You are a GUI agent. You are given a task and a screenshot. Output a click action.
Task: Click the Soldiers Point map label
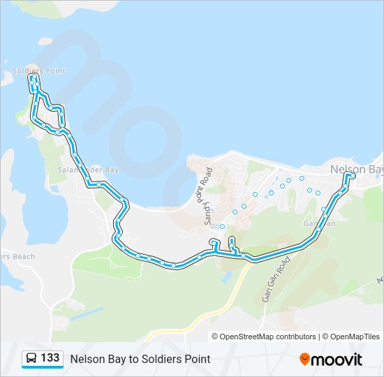coord(39,71)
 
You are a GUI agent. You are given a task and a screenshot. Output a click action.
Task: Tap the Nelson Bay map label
coord(356,170)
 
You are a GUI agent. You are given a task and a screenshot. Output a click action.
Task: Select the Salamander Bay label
coord(88,170)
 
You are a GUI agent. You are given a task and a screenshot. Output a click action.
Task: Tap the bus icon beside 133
coord(31,359)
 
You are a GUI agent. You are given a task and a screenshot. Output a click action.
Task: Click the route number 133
coord(50,358)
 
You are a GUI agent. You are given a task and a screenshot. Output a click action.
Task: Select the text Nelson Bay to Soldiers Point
coord(140,359)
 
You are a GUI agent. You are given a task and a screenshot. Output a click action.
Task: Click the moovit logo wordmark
coord(337,360)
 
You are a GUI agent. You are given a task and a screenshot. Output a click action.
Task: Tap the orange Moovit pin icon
coord(305,360)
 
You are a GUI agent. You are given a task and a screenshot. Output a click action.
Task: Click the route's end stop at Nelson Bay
coord(349,175)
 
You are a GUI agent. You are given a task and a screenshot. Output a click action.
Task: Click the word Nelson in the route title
coord(85,359)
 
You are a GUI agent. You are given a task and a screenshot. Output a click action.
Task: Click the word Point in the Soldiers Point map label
coord(54,71)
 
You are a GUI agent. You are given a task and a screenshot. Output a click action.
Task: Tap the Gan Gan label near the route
coord(320,223)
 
